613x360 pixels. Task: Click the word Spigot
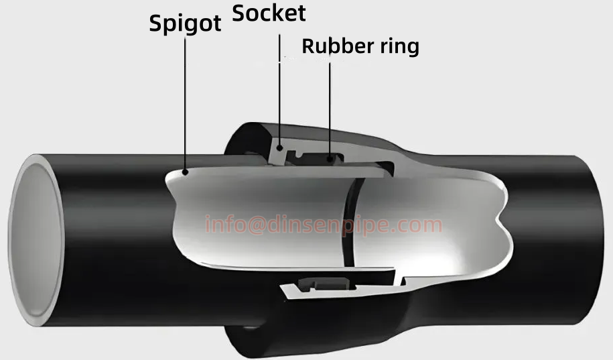coord(185,23)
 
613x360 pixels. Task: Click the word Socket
coord(269,13)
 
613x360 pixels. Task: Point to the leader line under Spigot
coord(185,101)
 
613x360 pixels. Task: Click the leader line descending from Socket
coord(279,87)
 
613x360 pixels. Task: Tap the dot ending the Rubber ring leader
coord(330,160)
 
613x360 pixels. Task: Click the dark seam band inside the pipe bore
coord(350,221)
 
